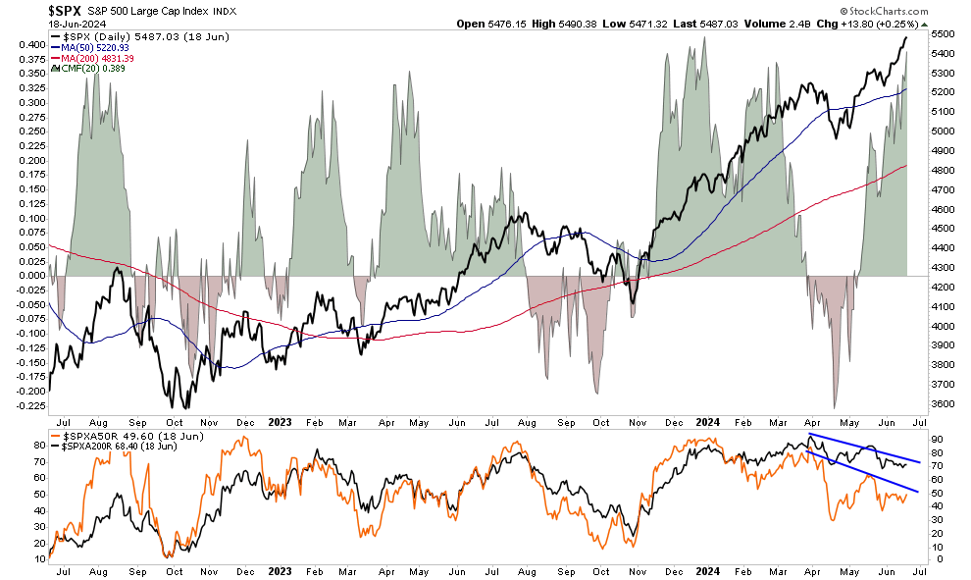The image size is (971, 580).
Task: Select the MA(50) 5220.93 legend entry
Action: [97, 47]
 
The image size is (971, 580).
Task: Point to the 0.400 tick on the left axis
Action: [30, 44]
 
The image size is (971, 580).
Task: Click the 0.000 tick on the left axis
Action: [30, 276]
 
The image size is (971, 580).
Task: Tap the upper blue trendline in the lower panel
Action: [863, 448]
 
